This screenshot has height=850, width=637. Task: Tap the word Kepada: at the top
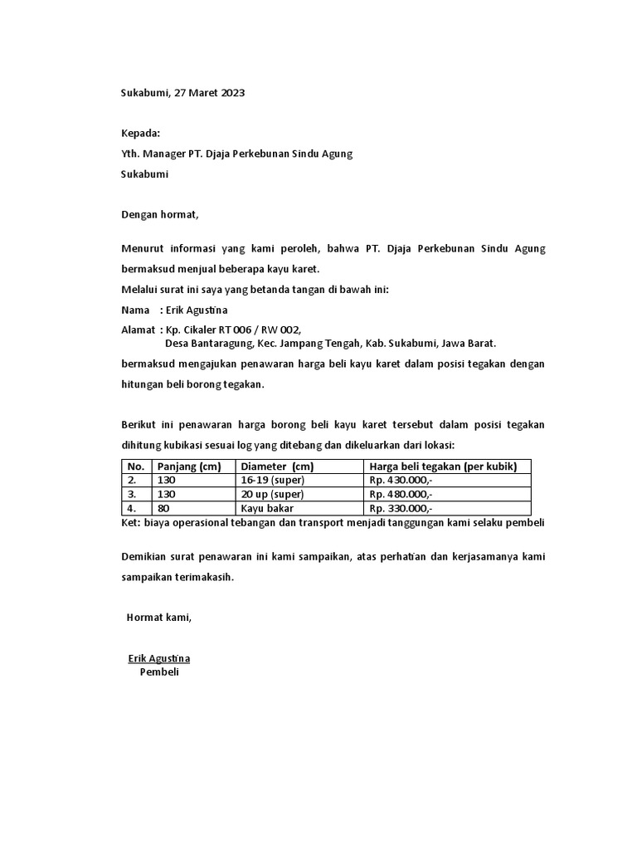click(140, 134)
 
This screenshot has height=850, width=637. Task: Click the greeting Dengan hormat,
click(160, 214)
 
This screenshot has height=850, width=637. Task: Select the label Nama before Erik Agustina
click(136, 310)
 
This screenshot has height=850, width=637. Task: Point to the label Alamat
click(139, 330)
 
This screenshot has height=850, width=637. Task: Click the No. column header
click(136, 467)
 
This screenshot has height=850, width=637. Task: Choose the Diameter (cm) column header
click(277, 467)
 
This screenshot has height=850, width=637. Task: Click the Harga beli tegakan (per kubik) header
click(443, 467)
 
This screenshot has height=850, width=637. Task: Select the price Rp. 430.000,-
click(401, 481)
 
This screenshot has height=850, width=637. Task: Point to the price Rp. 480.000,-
click(401, 494)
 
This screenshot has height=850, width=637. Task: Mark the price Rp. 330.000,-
click(401, 508)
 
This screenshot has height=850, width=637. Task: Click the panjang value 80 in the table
click(163, 508)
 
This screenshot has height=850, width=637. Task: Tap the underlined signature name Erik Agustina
click(159, 658)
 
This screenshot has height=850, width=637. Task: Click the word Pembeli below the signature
click(159, 672)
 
